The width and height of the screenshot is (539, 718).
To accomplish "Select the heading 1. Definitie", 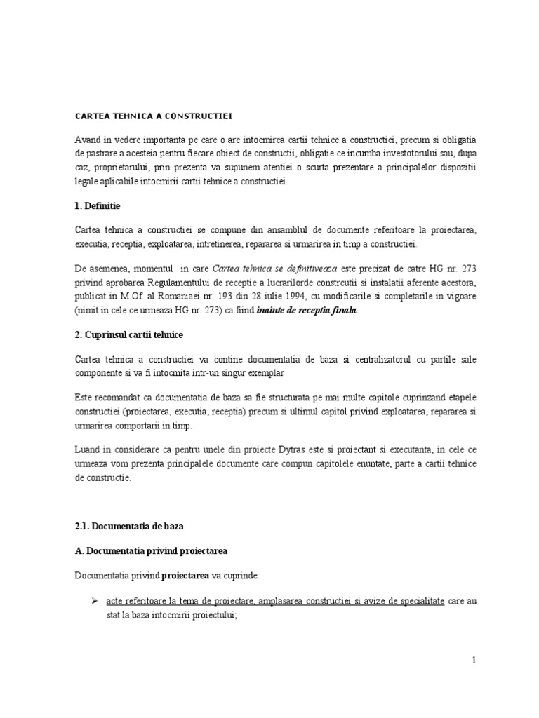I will [102, 206].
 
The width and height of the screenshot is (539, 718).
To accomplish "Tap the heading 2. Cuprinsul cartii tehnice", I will [132, 335].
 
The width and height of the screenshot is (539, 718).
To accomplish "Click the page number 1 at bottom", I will [474, 659].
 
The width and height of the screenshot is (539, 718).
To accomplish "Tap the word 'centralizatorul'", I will [381, 359].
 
